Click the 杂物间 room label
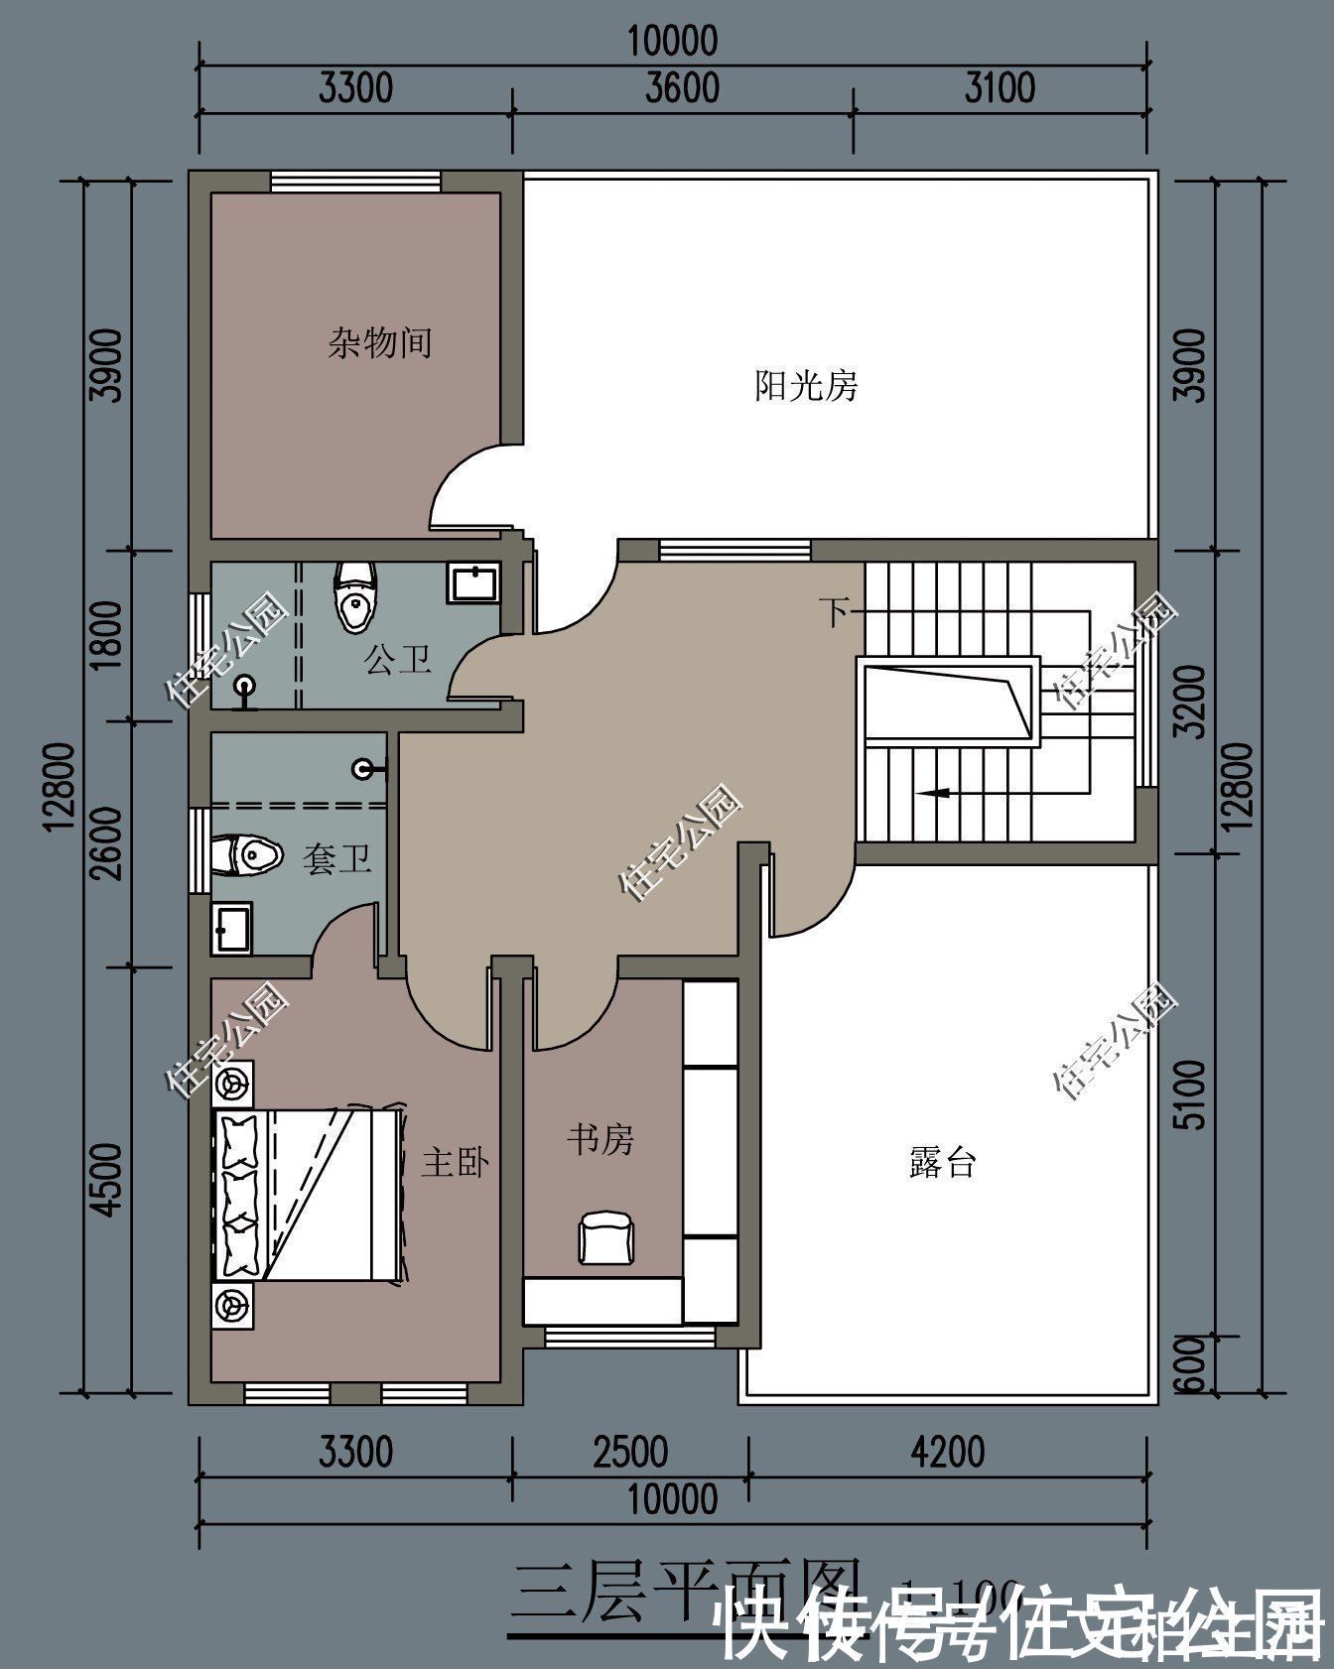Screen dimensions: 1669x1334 coord(380,343)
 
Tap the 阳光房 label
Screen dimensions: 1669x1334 coord(806,385)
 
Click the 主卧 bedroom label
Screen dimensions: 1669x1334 coord(455,1162)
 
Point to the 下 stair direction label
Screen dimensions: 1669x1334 coord(833,612)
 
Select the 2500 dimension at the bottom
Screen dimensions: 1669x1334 coord(630,1452)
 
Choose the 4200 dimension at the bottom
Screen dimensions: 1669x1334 coord(947,1452)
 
